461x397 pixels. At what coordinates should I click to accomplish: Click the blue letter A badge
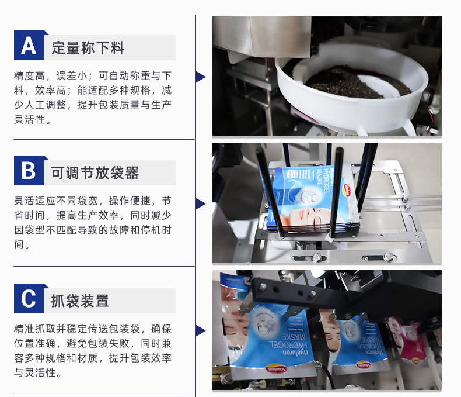(x=29, y=46)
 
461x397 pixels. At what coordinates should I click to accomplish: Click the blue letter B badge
(x=29, y=171)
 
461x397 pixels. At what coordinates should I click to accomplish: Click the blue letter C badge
(x=29, y=298)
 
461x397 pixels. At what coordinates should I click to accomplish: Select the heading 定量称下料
(x=88, y=48)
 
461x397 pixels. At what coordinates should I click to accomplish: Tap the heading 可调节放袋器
(x=95, y=173)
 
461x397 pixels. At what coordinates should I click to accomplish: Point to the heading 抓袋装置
(x=80, y=301)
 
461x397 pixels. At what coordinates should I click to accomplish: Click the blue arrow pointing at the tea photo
(x=201, y=77)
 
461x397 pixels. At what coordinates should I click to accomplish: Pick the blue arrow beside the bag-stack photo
(x=201, y=203)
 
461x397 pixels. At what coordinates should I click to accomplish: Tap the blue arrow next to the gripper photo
(x=201, y=330)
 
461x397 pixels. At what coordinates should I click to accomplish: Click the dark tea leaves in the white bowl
(x=356, y=82)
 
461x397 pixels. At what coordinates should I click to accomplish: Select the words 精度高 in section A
(x=29, y=76)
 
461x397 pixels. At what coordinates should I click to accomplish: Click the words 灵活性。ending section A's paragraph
(x=33, y=120)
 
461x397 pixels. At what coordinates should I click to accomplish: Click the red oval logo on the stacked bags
(x=348, y=188)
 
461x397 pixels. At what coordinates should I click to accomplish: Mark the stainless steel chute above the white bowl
(x=261, y=37)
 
